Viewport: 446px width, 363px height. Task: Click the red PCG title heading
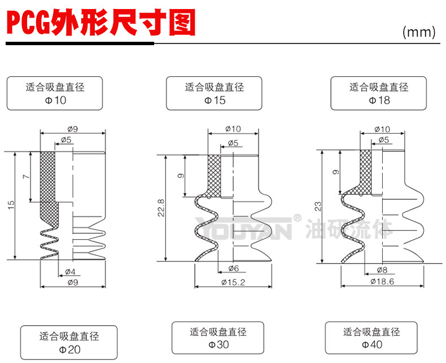pos(100,24)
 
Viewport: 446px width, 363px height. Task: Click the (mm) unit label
pos(419,32)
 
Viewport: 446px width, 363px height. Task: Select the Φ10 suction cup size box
pos(55,94)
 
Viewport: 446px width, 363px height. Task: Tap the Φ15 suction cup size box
pos(215,94)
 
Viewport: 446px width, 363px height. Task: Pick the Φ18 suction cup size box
pos(379,94)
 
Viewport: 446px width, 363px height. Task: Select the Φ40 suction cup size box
pos(371,338)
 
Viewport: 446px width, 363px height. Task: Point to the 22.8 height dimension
pos(161,208)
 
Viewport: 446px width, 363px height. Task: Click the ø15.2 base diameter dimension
pos(232,282)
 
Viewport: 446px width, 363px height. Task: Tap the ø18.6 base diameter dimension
pos(382,281)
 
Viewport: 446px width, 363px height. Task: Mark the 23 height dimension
pos(317,206)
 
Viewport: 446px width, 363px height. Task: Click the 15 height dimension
pos(11,205)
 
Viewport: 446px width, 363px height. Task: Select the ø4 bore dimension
pos(70,272)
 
